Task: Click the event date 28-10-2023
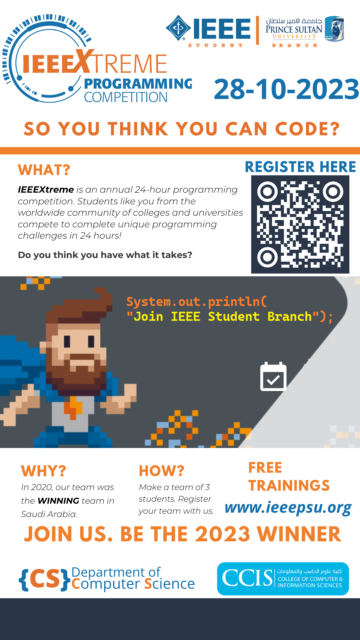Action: click(286, 89)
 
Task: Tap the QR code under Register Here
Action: click(300, 224)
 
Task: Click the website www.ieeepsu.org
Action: click(288, 508)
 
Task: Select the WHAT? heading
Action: click(44, 170)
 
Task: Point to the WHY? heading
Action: click(44, 471)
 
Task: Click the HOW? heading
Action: click(162, 471)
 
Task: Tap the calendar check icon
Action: click(273, 376)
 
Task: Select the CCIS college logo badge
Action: click(283, 579)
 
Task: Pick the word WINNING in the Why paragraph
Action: click(58, 501)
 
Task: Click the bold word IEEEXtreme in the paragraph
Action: click(46, 190)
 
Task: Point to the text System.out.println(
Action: click(197, 302)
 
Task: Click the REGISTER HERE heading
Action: click(300, 167)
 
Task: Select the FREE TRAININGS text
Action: click(289, 477)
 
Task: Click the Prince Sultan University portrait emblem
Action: click(334, 29)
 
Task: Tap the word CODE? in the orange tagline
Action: click(307, 129)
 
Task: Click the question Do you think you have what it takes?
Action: click(105, 255)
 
